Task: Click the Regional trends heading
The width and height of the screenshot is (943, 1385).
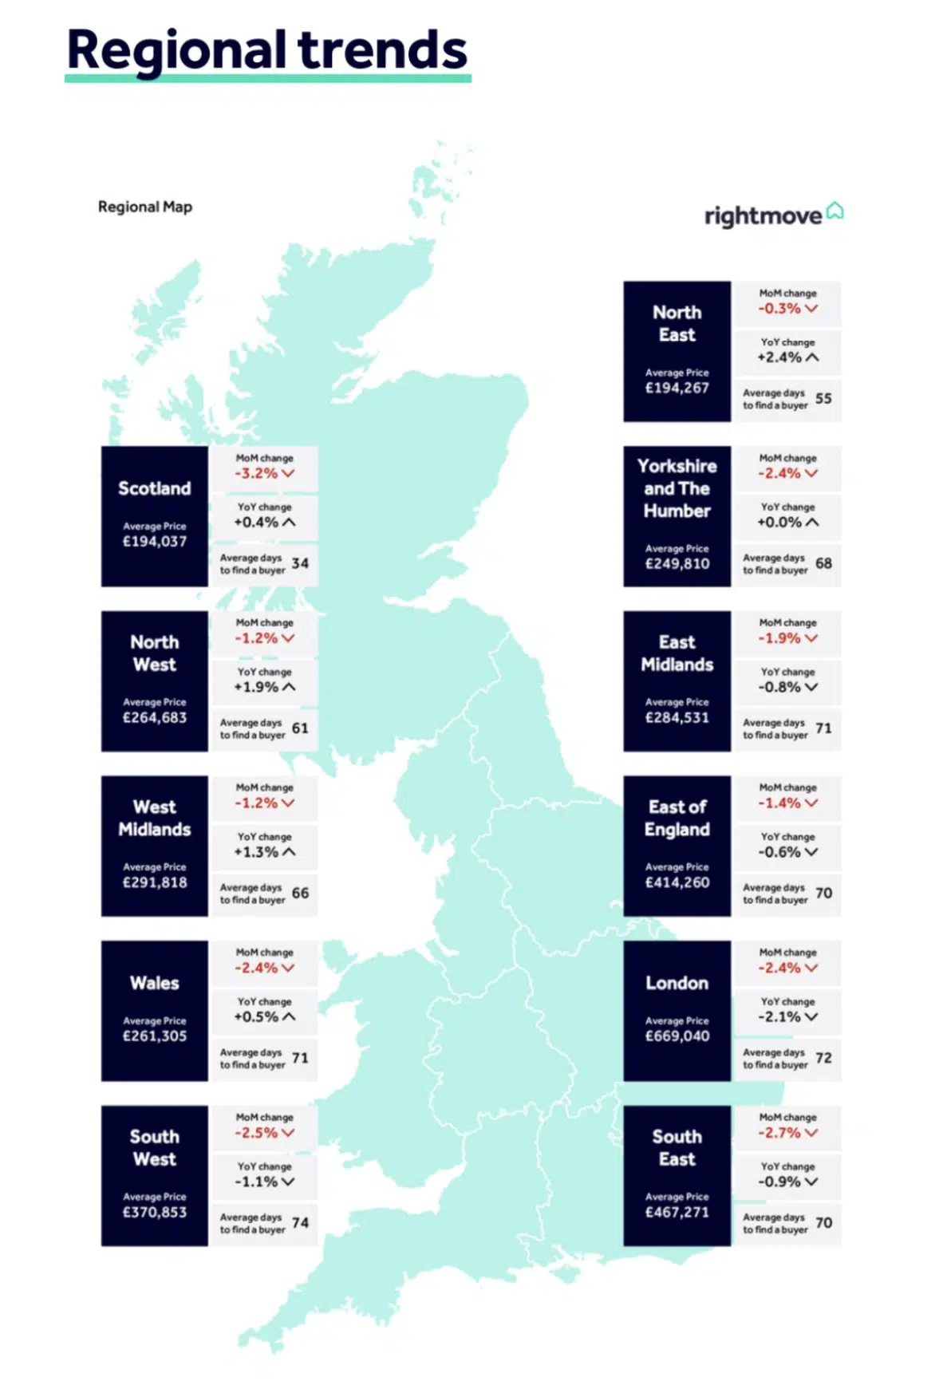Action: [x=266, y=49]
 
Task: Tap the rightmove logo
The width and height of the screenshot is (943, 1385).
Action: [x=772, y=215]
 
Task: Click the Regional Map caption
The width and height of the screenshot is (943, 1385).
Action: [x=145, y=207]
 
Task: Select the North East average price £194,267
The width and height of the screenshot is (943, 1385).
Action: [x=677, y=388]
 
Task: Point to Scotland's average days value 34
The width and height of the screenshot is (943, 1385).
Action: [x=300, y=563]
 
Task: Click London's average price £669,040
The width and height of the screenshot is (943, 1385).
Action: [x=677, y=1036]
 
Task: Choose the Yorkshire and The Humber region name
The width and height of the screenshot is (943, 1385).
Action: [x=677, y=488]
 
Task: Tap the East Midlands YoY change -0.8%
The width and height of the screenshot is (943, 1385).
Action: [x=779, y=687]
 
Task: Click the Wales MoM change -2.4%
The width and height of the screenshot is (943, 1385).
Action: [x=256, y=968]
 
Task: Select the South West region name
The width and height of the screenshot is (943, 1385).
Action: [x=155, y=1147]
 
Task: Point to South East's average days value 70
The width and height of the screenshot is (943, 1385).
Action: [x=823, y=1222]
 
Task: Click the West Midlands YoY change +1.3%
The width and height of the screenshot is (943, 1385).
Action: [x=256, y=852]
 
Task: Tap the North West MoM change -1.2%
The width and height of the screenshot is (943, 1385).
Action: [x=256, y=638]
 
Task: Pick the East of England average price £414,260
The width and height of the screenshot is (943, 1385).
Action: [x=677, y=882]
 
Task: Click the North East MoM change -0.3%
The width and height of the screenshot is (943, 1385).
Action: [x=779, y=309]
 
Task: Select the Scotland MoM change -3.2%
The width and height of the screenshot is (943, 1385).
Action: [x=256, y=473]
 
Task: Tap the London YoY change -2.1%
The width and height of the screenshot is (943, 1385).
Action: [x=779, y=1016]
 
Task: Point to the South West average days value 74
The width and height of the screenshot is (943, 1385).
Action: [x=300, y=1222]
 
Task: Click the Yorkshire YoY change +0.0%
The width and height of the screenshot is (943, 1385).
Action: [x=779, y=523]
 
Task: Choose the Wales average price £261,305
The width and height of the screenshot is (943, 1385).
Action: [x=155, y=1036]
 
